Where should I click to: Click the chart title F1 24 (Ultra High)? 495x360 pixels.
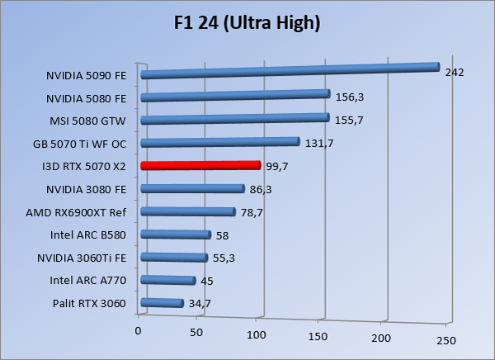[247, 23]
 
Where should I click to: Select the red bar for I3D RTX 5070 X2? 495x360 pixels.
[200, 165]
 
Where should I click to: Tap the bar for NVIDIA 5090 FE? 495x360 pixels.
[289, 71]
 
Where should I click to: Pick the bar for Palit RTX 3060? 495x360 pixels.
[162, 303]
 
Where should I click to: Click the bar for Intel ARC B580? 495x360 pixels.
[176, 234]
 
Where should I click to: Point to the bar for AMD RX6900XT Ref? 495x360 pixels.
[188, 212]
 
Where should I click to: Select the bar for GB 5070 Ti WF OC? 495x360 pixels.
[219, 142]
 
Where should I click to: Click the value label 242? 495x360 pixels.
[455, 73]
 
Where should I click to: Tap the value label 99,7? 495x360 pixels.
[277, 167]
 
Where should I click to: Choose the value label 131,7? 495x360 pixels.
[316, 144]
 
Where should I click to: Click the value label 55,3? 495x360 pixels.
[224, 258]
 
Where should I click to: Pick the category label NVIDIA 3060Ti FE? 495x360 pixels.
[82, 258]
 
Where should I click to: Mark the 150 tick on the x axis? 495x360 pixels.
[318, 336]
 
